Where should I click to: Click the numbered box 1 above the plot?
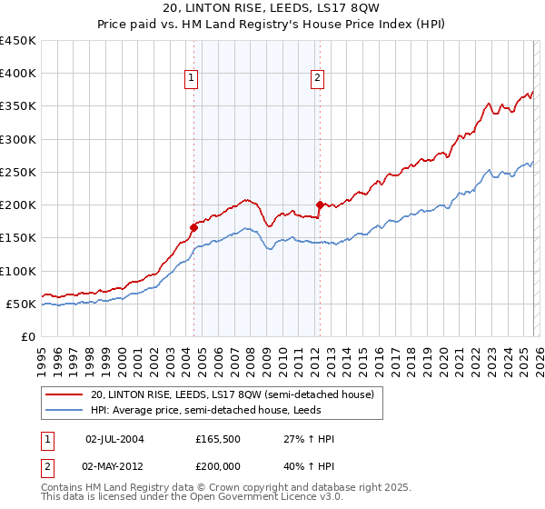[x=193, y=79]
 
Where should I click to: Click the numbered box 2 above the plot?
[x=318, y=79]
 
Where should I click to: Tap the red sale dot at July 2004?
[x=193, y=228]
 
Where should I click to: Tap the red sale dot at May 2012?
[x=320, y=205]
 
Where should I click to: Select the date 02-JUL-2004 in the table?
[x=114, y=439]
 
